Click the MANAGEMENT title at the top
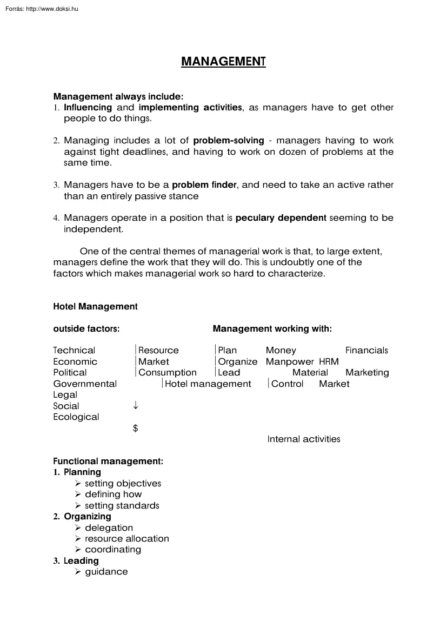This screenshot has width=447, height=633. click(223, 61)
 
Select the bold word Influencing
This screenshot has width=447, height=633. click(89, 108)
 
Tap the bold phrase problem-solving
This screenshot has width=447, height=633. click(228, 141)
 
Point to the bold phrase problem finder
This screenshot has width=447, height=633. click(204, 185)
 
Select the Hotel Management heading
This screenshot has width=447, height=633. click(95, 307)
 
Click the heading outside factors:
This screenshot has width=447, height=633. click(86, 329)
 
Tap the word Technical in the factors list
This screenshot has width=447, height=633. click(74, 351)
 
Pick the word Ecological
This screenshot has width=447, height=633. click(76, 417)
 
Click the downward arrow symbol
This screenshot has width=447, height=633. click(135, 406)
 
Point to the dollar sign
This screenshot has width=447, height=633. click(135, 428)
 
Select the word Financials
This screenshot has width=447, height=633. click(366, 351)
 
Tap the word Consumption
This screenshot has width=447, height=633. click(168, 373)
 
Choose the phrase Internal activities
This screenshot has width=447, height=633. click(304, 439)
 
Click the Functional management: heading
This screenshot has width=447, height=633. click(108, 461)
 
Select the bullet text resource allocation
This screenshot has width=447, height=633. click(126, 539)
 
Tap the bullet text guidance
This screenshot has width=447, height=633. click(106, 572)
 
